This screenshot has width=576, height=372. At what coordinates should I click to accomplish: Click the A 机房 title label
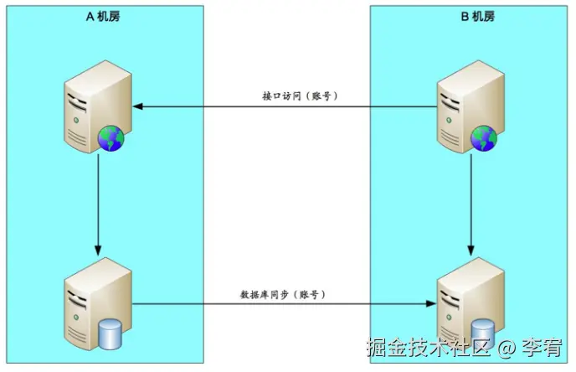pyautogui.click(x=103, y=17)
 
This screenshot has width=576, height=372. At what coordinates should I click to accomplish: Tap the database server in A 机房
pyautogui.click(x=95, y=301)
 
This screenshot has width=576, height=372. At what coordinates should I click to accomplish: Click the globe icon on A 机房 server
pyautogui.click(x=111, y=139)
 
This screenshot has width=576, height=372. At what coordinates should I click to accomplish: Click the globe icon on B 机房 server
pyautogui.click(x=483, y=139)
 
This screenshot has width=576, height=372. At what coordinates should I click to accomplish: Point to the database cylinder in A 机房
pyautogui.click(x=111, y=333)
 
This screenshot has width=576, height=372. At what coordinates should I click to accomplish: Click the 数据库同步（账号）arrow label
pyautogui.click(x=282, y=295)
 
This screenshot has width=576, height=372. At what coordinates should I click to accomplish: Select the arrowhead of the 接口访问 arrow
pyautogui.click(x=139, y=107)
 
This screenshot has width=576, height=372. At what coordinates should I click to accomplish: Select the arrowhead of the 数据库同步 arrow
pyautogui.click(x=433, y=304)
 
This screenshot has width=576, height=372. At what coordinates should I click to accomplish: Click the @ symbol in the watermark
pyautogui.click(x=506, y=346)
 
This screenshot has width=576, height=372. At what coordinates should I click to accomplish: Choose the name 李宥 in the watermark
pyautogui.click(x=539, y=346)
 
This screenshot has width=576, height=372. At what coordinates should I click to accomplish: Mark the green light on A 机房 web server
pyautogui.click(x=77, y=121)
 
